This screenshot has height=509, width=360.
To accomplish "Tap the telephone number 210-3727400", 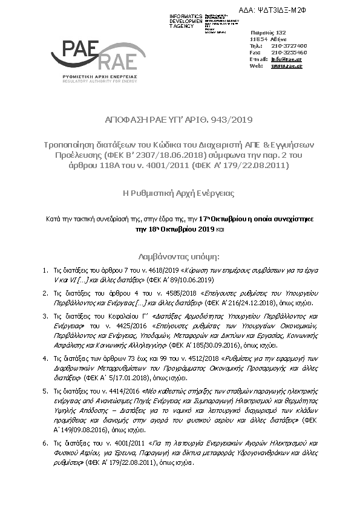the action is pos(289,46).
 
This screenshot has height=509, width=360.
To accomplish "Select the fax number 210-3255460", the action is pos(289,53).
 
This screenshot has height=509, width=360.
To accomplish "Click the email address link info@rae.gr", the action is pos(286,59).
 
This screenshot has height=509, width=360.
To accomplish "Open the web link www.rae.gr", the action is pos(286,66).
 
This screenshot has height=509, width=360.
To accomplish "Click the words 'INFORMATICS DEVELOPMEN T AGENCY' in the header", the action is pos(186,21).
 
